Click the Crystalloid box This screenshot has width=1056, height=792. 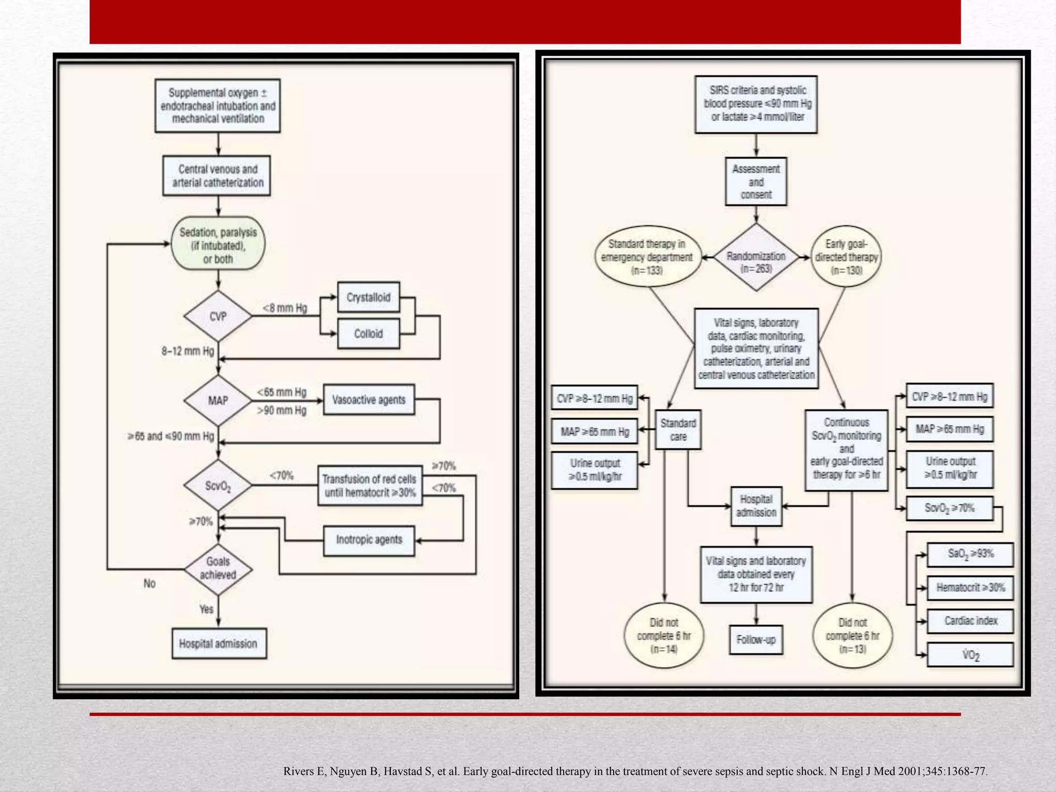coord(368,297)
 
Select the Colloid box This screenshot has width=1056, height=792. coord(368,334)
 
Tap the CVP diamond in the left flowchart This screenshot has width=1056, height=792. coord(218,316)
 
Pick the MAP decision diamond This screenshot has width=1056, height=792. coord(218,401)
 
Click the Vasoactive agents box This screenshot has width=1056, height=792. coord(369,400)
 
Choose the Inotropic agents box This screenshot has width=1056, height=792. coord(369,540)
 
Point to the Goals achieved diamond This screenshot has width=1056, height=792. coord(218,568)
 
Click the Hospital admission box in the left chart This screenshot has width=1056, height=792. coord(218,643)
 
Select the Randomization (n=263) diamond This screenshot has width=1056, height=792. coord(756,257)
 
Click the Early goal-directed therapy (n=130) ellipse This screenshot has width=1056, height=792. coord(846,257)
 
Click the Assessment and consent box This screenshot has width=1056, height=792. coord(756,181)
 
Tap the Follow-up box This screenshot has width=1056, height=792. coord(756,640)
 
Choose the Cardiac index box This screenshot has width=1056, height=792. coord(970,621)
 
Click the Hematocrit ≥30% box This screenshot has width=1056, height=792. coord(970,587)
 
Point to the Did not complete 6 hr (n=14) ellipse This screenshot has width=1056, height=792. coord(664,636)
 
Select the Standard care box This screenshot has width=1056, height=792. coord(678,430)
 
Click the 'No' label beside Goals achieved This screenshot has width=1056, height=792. coord(150,583)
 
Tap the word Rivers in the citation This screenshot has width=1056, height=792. coord(299,771)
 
